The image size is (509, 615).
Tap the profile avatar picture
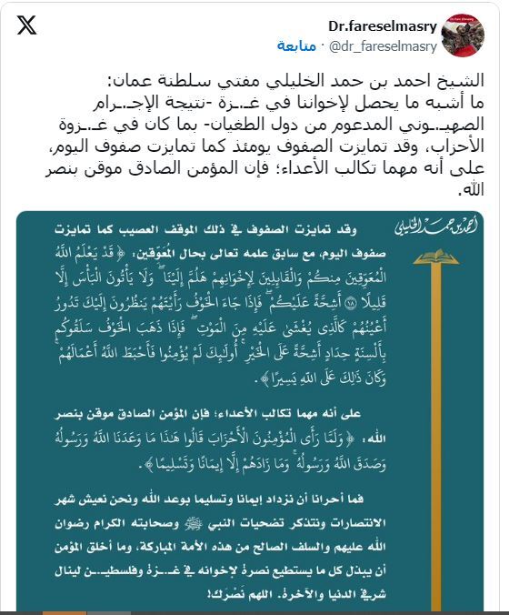pos(462,35)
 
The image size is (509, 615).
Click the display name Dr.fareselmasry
pos(386,26)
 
